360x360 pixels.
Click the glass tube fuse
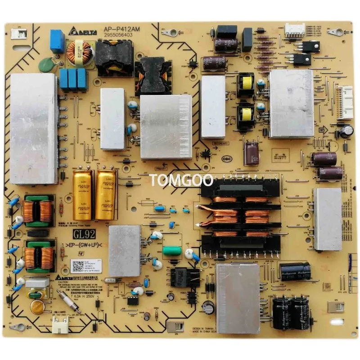click(x=69, y=301)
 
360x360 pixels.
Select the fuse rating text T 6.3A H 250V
click(x=96, y=302)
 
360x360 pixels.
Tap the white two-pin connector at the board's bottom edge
click(x=60, y=327)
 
